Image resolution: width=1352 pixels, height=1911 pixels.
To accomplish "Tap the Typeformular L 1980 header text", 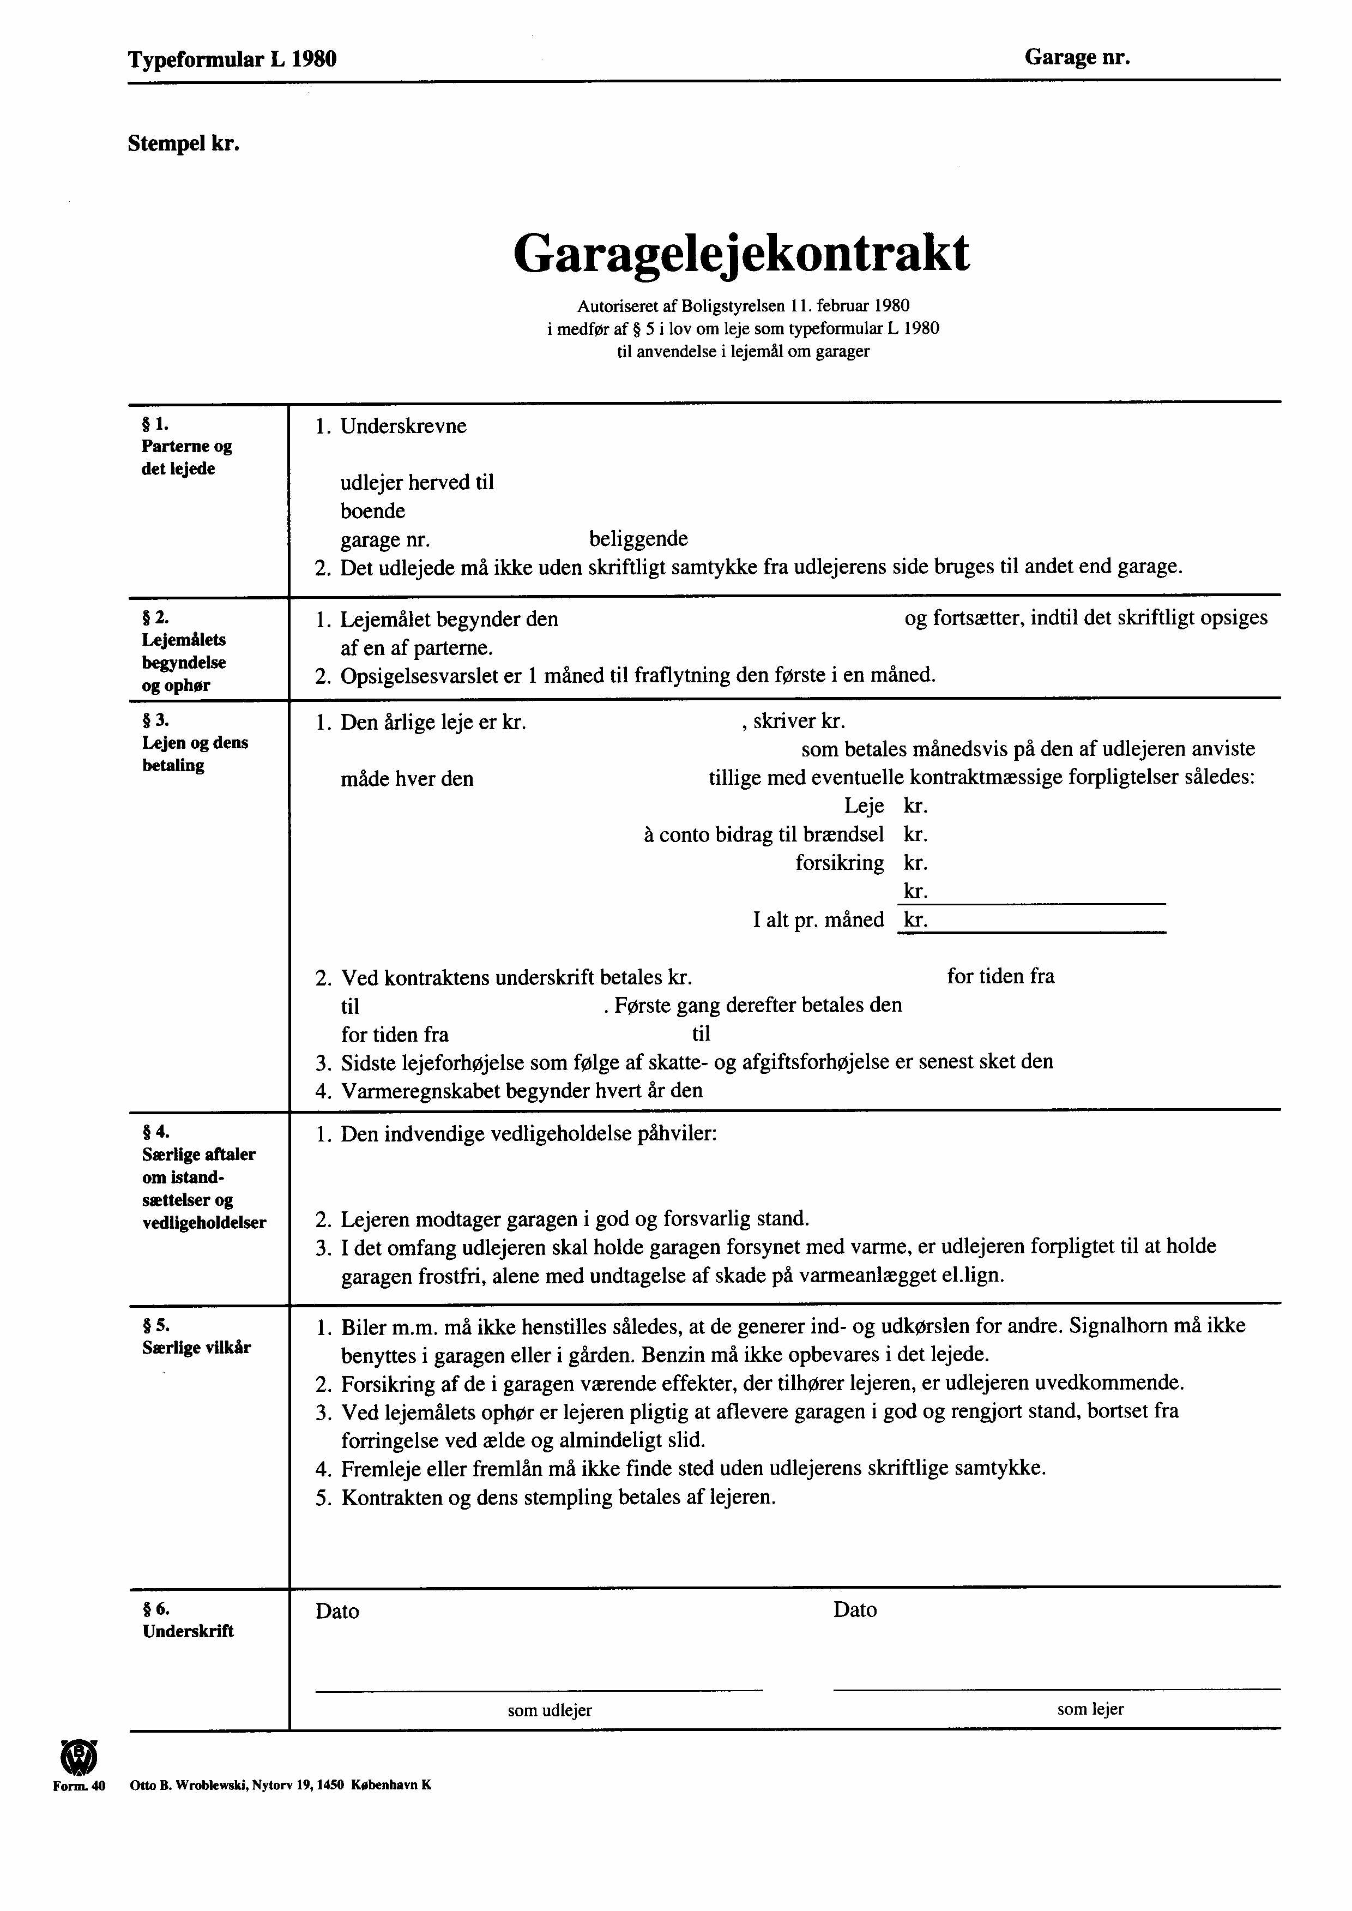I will click(232, 59).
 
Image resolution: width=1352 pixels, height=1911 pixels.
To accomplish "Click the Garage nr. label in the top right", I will click(1077, 57).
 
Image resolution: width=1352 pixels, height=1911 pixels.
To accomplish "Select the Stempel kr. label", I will click(184, 144).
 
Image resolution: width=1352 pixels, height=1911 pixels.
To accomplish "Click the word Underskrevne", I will click(403, 426).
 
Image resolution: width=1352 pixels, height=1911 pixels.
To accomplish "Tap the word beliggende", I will click(638, 539).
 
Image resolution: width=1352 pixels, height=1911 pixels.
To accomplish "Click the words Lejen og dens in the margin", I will click(195, 743).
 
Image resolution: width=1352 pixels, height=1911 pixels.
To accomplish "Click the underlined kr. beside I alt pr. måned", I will click(916, 920).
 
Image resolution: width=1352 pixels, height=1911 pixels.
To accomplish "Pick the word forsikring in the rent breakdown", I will click(839, 863).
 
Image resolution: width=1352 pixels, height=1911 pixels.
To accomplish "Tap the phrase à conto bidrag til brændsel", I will click(763, 834).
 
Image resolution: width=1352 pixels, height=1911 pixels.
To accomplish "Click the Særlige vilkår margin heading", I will click(196, 1347).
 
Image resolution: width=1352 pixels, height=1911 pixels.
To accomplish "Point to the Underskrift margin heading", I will click(188, 1631).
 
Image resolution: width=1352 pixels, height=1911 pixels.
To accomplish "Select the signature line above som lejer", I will click(1055, 1688).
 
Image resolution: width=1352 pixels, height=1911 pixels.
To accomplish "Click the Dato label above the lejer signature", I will click(855, 1609).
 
